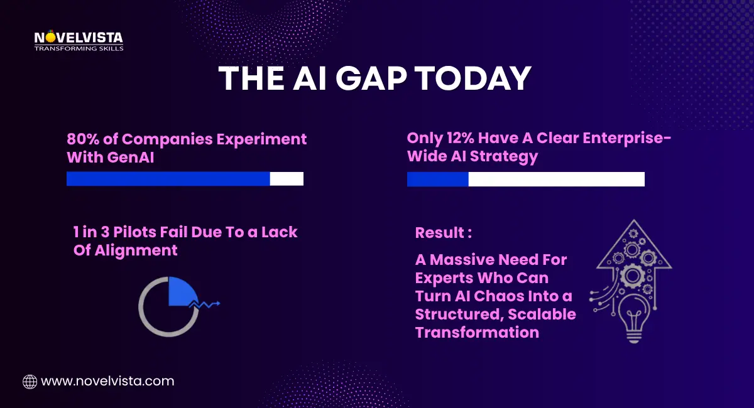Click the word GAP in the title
tap(369, 80)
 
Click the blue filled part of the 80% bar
tap(168, 179)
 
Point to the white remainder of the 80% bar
tap(287, 179)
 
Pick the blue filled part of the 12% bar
tap(437, 180)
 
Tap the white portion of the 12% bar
tap(556, 180)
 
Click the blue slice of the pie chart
tap(181, 290)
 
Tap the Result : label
tap(443, 233)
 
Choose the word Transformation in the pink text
tap(477, 332)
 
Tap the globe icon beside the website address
tap(30, 381)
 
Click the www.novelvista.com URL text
tap(107, 381)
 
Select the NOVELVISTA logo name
tap(79, 38)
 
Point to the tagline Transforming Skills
tap(79, 48)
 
